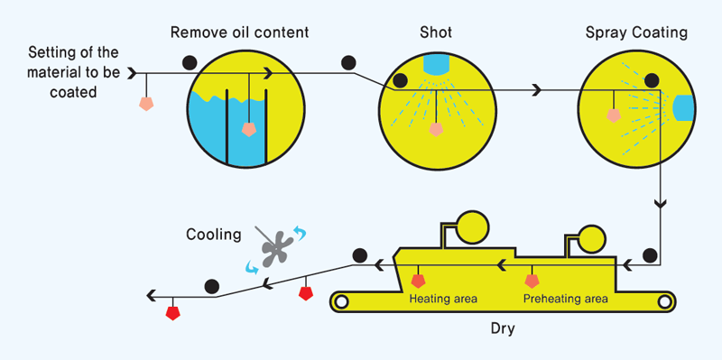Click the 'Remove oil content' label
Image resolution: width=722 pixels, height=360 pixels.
[239, 33]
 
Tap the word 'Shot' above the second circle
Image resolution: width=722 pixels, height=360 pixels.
[435, 33]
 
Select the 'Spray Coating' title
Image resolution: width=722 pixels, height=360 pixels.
[635, 33]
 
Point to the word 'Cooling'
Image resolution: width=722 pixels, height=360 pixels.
[214, 235]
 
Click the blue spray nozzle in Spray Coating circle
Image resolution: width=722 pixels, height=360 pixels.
[683, 106]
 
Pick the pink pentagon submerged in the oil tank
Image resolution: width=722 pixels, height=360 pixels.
[248, 129]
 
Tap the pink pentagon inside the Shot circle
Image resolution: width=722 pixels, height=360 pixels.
[436, 129]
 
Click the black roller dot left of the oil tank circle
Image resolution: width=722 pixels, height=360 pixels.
[190, 62]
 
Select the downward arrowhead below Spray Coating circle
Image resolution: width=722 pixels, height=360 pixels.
[662, 205]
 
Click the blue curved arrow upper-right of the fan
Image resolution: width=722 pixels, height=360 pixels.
[299, 234]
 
